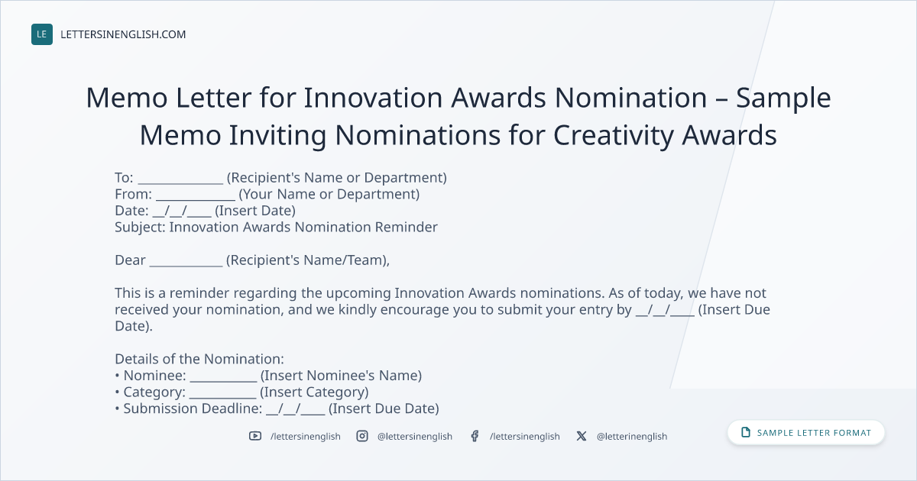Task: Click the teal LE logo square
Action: pos(42,34)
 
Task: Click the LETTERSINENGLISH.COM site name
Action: pos(123,34)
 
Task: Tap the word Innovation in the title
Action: pos(373,98)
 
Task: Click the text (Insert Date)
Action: pos(255,211)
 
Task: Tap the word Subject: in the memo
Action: pos(140,227)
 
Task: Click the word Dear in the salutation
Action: pos(130,260)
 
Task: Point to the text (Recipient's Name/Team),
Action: pos(308,260)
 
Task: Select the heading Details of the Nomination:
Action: pos(199,359)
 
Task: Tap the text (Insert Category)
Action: pos(314,392)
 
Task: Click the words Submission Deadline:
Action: pos(193,408)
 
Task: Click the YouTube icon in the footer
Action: pos(255,436)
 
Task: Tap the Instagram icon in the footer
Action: pos(362,436)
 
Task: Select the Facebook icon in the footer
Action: pos(475,436)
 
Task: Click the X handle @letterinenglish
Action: pos(632,437)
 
